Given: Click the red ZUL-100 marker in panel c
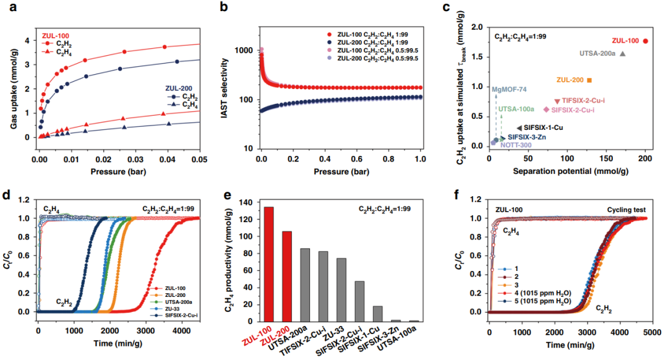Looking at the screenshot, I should click(646, 41).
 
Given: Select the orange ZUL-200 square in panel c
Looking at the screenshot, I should click(589, 80).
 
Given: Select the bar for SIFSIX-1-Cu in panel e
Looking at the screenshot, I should click(377, 314).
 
